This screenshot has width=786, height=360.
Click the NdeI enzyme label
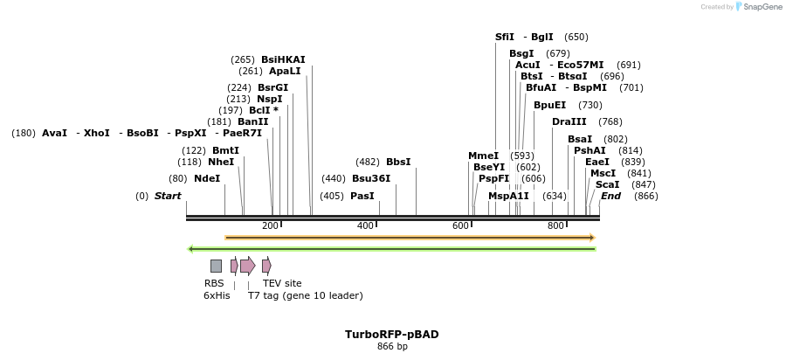tap(207, 178)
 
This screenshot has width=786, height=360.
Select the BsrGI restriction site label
tap(272, 87)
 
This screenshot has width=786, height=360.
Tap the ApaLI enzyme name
tap(285, 71)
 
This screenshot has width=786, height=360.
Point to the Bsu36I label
tap(371, 178)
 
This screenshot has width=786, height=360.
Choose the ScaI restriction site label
tap(607, 184)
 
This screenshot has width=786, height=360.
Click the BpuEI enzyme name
tap(549, 105)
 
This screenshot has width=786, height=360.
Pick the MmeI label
tap(483, 156)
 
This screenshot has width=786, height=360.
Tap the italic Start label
tap(168, 196)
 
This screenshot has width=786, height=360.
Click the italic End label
tap(610, 196)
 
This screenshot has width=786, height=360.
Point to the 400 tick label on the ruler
tap(365, 226)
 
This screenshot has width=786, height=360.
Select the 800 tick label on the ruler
tap(555, 226)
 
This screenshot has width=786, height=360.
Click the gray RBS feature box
tap(216, 266)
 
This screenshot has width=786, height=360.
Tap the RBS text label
tap(214, 283)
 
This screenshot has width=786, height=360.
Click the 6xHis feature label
tap(217, 295)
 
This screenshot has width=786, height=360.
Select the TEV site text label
tap(282, 283)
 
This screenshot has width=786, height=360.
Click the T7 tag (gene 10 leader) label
tap(305, 295)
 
